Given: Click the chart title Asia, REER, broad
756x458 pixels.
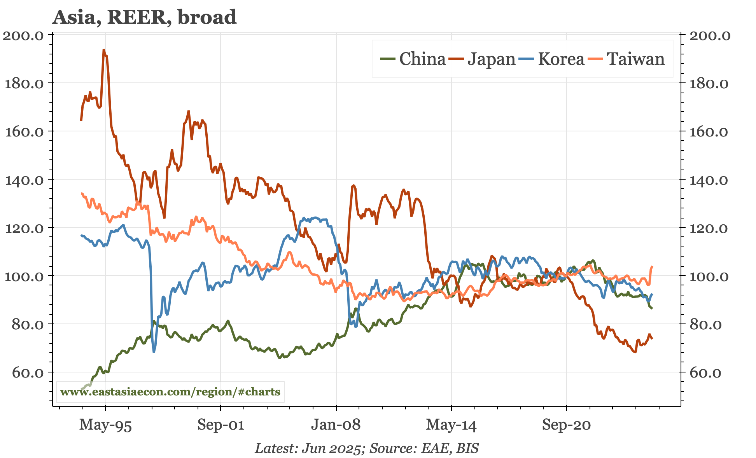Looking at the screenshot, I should coord(144,17).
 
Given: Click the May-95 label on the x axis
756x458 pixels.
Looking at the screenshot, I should coord(105,425).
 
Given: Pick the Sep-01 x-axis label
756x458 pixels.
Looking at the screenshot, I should coord(220,425).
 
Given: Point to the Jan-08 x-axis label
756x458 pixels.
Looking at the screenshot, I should coord(336,425).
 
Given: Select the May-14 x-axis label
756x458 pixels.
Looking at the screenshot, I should coord(451,425).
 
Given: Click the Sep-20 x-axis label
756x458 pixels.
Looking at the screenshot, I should coord(566,425).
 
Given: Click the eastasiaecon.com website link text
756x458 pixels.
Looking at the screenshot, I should coord(170,392).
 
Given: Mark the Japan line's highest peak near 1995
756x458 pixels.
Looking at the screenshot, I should coord(103,50).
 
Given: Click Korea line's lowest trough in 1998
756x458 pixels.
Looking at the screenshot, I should coord(154,351).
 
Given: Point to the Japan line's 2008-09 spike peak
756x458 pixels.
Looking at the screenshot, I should coord(353,186).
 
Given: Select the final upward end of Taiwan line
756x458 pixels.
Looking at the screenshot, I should coord(652,267).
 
